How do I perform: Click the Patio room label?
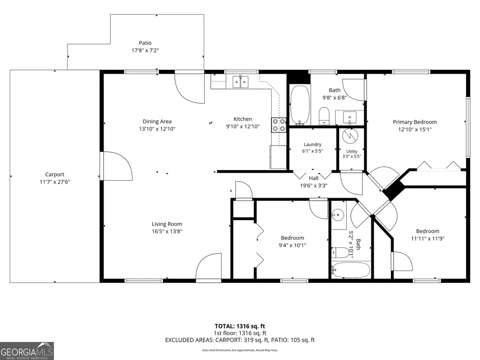point(145,43)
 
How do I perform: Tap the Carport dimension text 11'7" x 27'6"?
point(55,182)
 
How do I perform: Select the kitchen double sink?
point(240,82)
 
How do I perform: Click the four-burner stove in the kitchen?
point(279,125)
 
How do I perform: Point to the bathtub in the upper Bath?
point(300,105)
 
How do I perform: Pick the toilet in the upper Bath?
point(324,116)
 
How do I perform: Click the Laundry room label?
point(312,144)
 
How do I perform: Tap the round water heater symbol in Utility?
point(350,136)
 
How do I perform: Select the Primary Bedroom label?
point(415,122)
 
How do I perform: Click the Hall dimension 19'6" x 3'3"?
point(314,185)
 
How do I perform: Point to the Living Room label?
point(167,224)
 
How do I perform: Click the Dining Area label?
point(157,122)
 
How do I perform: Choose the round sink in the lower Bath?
point(338,215)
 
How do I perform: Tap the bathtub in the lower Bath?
point(350,270)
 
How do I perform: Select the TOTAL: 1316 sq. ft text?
point(240,326)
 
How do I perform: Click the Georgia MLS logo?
point(27,351)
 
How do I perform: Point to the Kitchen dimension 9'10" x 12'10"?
point(243,126)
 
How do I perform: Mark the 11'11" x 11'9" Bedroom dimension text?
point(428,238)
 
